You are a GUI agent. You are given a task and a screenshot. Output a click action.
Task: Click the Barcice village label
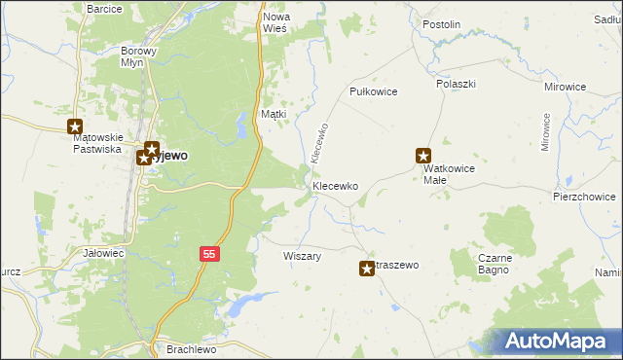click(x=104, y=9)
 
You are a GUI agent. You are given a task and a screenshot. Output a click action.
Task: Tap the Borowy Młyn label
click(x=138, y=55)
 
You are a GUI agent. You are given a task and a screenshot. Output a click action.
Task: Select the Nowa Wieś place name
click(x=276, y=22)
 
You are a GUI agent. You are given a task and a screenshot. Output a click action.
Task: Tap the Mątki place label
click(x=274, y=115)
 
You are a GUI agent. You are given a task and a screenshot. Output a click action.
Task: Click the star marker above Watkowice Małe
click(x=423, y=155)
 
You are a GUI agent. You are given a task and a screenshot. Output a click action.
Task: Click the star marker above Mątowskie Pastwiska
click(x=76, y=126)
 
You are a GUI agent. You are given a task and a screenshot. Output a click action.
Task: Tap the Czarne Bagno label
click(x=495, y=264)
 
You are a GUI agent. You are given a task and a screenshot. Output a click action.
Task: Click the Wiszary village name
click(x=302, y=256)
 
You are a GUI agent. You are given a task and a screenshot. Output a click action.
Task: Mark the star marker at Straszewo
click(x=367, y=269)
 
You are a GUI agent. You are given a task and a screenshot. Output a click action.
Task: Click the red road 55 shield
click(x=209, y=253)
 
